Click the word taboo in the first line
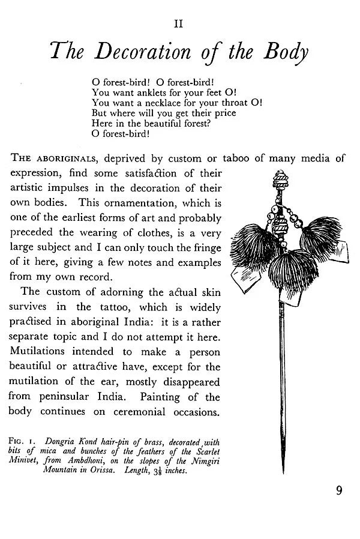click(236, 159)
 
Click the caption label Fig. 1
click(20, 442)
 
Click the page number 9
click(339, 491)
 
